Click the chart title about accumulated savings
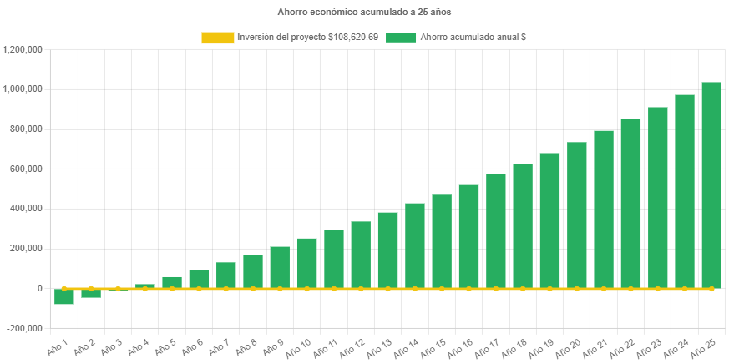pyautogui.click(x=364, y=13)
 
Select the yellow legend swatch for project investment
pyautogui.click(x=217, y=38)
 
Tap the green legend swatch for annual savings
pyautogui.click(x=401, y=38)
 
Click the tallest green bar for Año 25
pyautogui.click(x=711, y=184)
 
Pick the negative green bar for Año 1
pyautogui.click(x=64, y=296)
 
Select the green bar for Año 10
pyautogui.click(x=306, y=263)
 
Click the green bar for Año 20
pyautogui.click(x=577, y=215)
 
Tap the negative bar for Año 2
pyautogui.click(x=91, y=293)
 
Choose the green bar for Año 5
pyautogui.click(x=172, y=282)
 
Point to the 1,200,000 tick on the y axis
pyautogui.click(x=24, y=49)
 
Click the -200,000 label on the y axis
pyautogui.click(x=24, y=328)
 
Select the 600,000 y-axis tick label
pyautogui.click(x=28, y=169)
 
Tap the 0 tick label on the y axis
pyautogui.click(x=39, y=288)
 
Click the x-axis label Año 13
pyautogui.click(x=381, y=347)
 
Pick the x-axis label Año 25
pyautogui.click(x=705, y=347)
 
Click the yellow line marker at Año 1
pyautogui.click(x=64, y=288)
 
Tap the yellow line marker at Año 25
pyautogui.click(x=711, y=288)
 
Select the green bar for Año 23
pyautogui.click(x=658, y=197)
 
